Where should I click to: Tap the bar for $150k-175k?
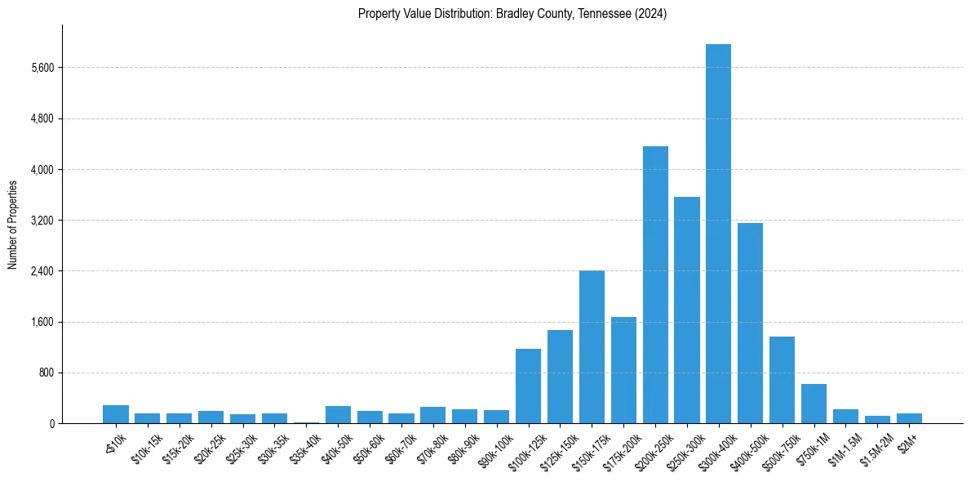click(x=592, y=346)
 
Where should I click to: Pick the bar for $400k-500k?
click(x=750, y=323)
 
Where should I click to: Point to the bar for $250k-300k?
click(x=687, y=310)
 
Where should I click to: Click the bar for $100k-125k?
click(x=528, y=386)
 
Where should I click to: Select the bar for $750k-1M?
click(x=814, y=404)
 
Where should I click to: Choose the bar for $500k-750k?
click(x=782, y=380)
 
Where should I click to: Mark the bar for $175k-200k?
click(x=623, y=370)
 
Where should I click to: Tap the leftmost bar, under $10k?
click(x=116, y=414)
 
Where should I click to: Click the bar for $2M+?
click(x=909, y=418)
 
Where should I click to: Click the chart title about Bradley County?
click(x=512, y=14)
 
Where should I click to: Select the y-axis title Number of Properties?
click(x=13, y=224)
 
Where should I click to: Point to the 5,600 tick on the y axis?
click(x=41, y=68)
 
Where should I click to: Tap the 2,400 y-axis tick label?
click(x=41, y=271)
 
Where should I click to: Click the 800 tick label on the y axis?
click(x=46, y=373)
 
